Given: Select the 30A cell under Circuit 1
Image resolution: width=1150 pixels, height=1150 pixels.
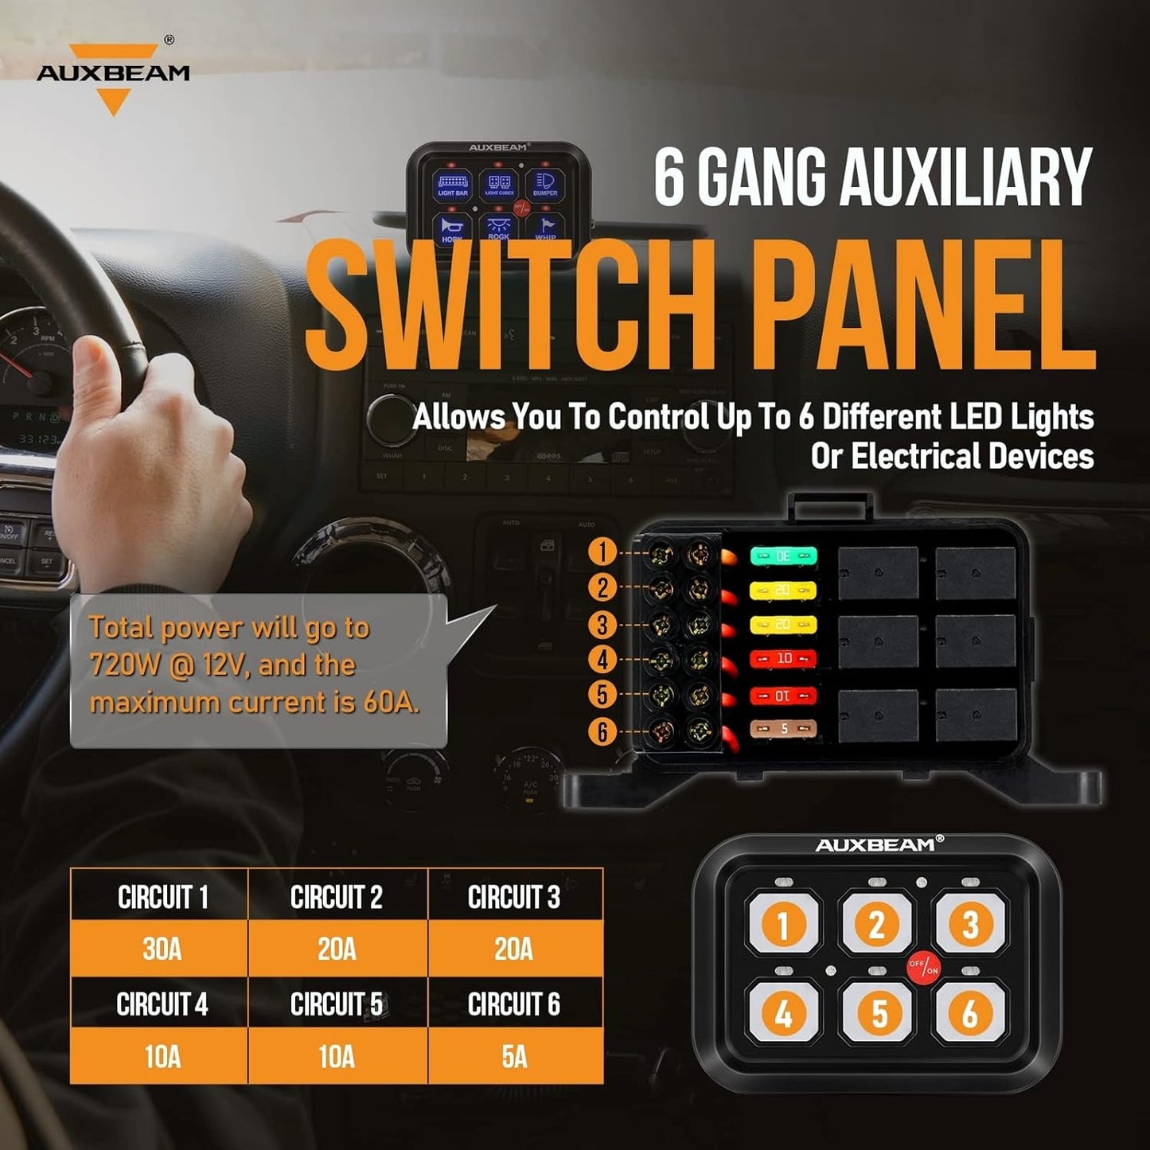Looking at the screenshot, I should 161,949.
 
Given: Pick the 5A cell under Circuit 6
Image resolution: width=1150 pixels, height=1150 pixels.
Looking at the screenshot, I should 514,1056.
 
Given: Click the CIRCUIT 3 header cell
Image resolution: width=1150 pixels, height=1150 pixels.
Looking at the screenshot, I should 514,897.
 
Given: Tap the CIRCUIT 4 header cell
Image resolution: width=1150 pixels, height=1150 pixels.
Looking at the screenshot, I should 161,1004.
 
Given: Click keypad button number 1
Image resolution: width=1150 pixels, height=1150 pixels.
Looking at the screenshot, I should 782,925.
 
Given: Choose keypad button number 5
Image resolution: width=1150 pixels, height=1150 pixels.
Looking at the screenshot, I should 878,1013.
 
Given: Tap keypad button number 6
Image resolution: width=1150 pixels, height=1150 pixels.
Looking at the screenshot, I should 969,1013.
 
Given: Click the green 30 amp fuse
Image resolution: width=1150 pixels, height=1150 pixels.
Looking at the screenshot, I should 783,556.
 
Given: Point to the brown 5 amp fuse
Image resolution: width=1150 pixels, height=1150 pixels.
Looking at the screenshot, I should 783,728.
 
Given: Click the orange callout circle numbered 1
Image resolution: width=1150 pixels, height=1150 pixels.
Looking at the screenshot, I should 602,552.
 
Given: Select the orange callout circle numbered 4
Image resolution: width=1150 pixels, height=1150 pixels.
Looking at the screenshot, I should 602,659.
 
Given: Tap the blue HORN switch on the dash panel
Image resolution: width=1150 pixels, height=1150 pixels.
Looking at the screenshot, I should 452,229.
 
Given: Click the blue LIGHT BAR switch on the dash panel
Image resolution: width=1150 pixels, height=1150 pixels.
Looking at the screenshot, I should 452,185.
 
